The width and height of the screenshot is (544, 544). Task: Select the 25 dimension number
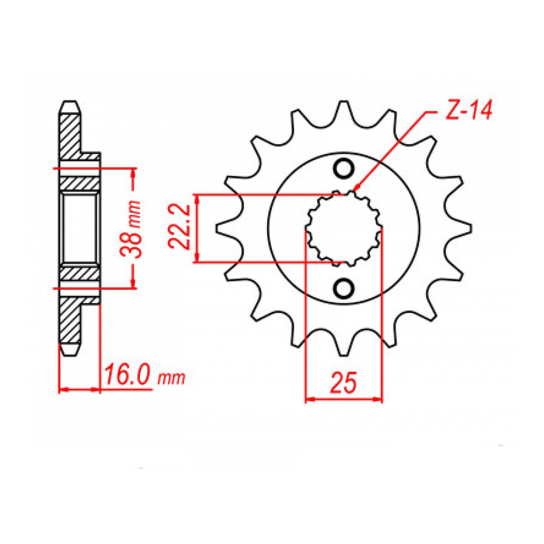click(344, 382)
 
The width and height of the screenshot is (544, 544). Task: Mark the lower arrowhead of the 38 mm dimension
click(133, 284)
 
